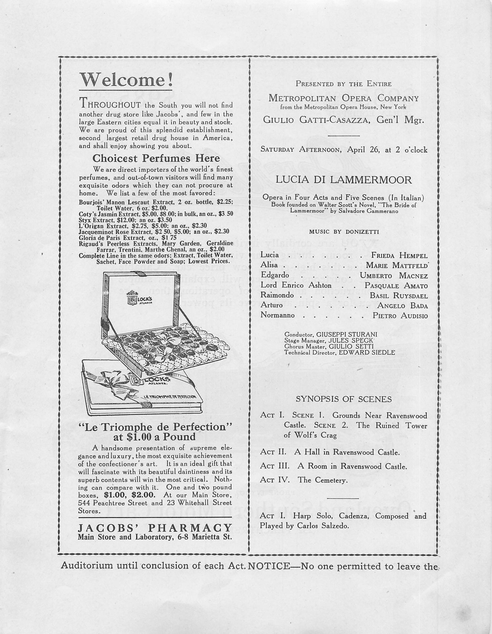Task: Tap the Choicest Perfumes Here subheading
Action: pos(156,158)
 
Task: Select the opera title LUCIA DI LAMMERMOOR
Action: pos(343,180)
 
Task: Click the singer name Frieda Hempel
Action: pos(399,255)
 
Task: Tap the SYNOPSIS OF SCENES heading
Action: pos(343,399)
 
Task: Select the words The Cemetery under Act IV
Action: pos(322,480)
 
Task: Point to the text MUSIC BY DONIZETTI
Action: pos(344,232)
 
